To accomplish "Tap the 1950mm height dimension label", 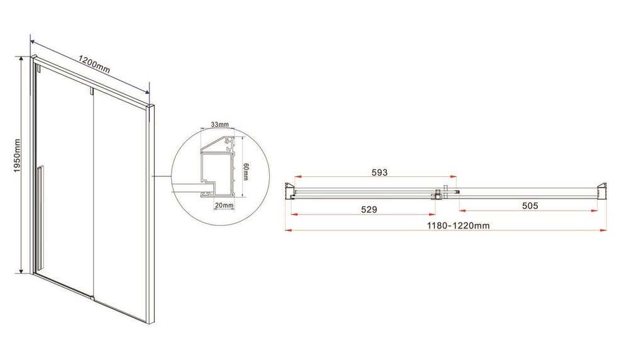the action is tap(17, 156).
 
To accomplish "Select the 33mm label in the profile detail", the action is tap(220, 125).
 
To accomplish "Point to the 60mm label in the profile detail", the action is tap(245, 172).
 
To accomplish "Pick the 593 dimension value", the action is tap(379, 172).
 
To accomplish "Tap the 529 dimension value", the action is tap(369, 210).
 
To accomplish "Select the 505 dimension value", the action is tap(530, 206).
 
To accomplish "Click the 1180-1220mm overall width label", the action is tap(458, 225).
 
